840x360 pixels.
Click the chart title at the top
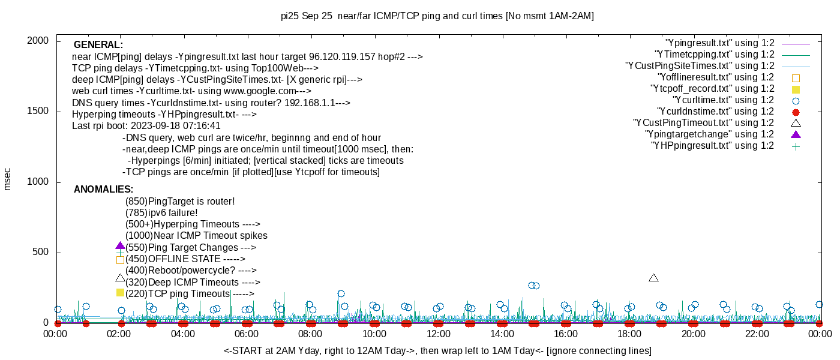pos(437,16)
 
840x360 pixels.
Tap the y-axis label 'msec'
pos(8,179)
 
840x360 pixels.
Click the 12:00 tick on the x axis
pos(438,334)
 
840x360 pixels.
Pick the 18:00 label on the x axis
pos(629,334)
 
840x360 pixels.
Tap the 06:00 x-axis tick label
pos(247,334)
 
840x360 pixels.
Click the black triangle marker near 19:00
pos(654,278)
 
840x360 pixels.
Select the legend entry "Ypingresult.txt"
pos(720,43)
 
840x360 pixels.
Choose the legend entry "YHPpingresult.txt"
pos(712,146)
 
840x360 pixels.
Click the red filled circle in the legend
pos(796,112)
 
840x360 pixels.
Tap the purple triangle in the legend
pos(796,134)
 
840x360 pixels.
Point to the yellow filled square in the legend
pos(796,89)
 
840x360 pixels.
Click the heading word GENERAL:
pos(98,45)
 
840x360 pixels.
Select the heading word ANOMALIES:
pos(103,190)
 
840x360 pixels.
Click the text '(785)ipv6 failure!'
pos(161,213)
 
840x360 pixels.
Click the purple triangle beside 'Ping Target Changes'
pos(120,246)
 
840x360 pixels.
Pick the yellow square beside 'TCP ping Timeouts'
pos(120,292)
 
